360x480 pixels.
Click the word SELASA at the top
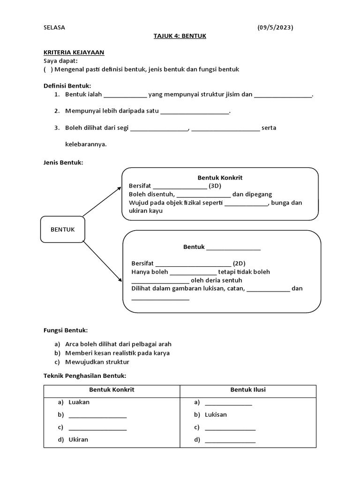click(54, 27)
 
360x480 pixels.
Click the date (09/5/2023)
click(275, 27)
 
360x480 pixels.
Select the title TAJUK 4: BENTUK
click(180, 36)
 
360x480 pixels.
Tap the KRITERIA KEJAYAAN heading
click(74, 52)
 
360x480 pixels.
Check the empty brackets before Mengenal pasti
click(48, 69)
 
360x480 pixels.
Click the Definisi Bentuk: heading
click(67, 86)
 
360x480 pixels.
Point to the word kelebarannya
click(86, 144)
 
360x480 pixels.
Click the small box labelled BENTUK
click(62, 229)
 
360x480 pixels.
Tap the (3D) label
click(215, 186)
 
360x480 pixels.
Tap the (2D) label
click(239, 263)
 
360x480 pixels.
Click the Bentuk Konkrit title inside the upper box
click(220, 178)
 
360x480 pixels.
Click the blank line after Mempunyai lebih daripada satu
click(195, 112)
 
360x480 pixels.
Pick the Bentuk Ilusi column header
click(248, 390)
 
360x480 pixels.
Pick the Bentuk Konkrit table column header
click(112, 390)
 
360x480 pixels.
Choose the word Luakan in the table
click(79, 402)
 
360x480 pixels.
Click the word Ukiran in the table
click(78, 440)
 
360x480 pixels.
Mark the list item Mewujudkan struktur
click(97, 362)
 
